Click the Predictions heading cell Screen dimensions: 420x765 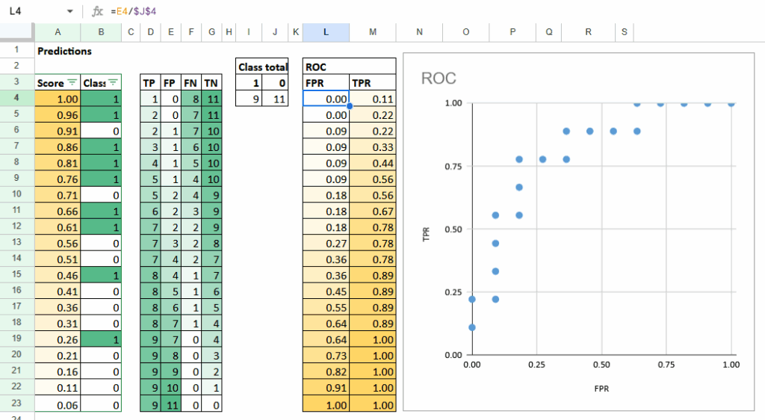[x=64, y=51]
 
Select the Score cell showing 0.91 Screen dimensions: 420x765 [x=58, y=131]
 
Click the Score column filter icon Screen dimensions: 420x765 [x=72, y=83]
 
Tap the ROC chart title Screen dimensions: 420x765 [x=439, y=78]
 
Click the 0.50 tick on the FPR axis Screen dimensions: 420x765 [x=601, y=365]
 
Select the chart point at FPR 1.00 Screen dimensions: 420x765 [x=731, y=103]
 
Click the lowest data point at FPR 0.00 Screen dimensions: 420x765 [x=472, y=327]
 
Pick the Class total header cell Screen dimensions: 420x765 [x=262, y=67]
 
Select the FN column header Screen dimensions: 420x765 [x=191, y=83]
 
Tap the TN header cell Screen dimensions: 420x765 [x=211, y=83]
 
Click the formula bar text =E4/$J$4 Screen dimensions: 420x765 [x=135, y=12]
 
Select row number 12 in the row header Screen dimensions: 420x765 [x=16, y=226]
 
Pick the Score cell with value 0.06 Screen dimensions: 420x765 [x=58, y=405]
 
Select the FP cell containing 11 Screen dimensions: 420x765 [x=171, y=405]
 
